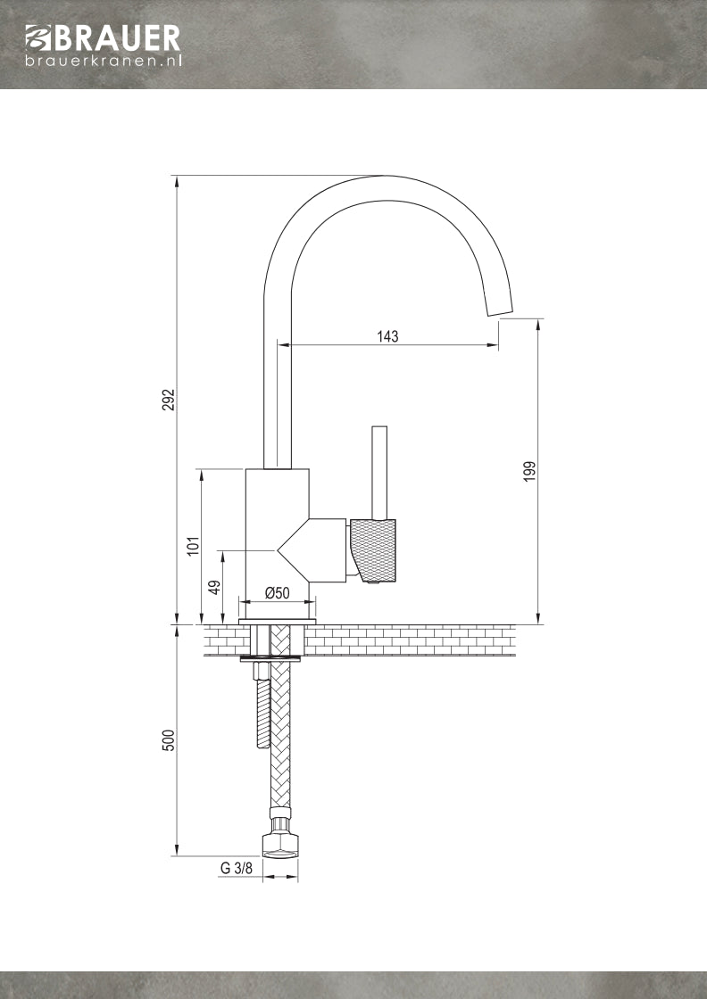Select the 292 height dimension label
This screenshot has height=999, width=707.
click(x=168, y=400)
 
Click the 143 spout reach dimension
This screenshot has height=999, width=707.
click(x=387, y=336)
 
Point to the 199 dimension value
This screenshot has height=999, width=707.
click(x=529, y=472)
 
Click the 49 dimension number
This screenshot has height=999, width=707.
click(x=214, y=587)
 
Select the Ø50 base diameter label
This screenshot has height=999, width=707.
click(x=277, y=593)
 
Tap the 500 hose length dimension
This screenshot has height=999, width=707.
click(x=168, y=739)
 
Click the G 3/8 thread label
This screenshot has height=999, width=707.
click(x=237, y=868)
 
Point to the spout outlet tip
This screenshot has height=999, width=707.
click(x=499, y=306)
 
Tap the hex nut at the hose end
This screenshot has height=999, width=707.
click(x=279, y=844)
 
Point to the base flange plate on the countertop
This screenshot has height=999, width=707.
click(x=278, y=619)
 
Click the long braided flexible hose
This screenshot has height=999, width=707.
click(x=280, y=731)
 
